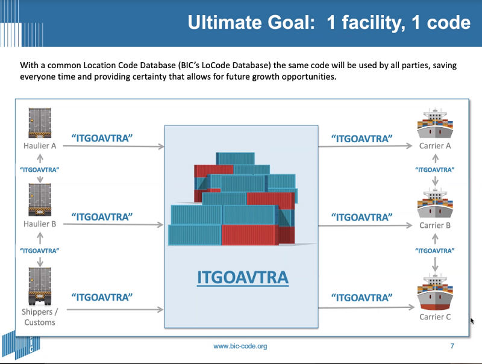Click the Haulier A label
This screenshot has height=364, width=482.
40,146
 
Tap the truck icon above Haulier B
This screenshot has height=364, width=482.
40,199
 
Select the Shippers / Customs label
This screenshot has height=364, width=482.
40,317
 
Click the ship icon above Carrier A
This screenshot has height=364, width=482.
435,123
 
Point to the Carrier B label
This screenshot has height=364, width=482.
435,225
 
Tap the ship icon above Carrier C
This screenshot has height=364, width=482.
435,293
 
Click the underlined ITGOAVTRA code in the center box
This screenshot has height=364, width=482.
243,277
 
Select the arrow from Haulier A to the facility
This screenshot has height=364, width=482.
114,146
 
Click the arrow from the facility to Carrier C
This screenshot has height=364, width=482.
366,307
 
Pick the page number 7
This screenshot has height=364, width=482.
452,346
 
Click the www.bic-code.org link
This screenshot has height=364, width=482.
240,346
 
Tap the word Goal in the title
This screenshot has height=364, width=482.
291,22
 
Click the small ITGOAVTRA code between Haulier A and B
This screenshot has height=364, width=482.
40,170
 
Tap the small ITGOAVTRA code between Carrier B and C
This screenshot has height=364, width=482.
434,251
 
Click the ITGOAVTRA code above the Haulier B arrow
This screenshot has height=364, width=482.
102,217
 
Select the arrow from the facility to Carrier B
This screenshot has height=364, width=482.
365,225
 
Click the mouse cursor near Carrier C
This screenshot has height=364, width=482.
472,321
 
